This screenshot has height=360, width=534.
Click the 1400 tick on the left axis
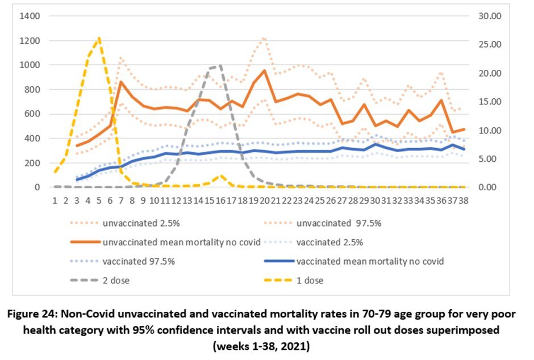click(29, 16)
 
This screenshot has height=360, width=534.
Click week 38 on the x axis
click(463, 200)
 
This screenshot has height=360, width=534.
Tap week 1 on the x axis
click(55, 200)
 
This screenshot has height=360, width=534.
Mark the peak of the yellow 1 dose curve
click(99, 38)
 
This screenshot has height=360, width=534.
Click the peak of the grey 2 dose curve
click(220, 65)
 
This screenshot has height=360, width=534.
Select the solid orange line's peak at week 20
click(264, 70)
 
